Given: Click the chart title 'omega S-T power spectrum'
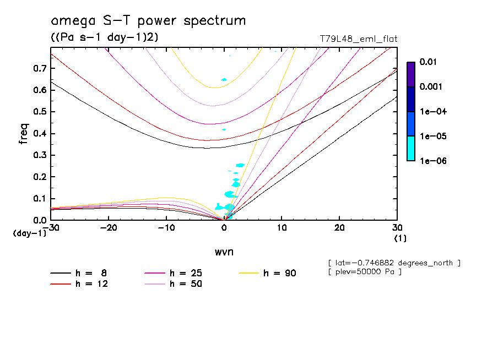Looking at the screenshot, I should pyautogui.click(x=148, y=21).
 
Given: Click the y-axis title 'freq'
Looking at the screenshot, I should pyautogui.click(x=24, y=134).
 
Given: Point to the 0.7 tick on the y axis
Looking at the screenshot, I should pyautogui.click(x=40, y=68).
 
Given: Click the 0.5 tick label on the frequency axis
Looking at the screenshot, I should pyautogui.click(x=40, y=112).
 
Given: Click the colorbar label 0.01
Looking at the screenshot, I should pyautogui.click(x=429, y=62).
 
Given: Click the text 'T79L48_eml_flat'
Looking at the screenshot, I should pyautogui.click(x=359, y=39).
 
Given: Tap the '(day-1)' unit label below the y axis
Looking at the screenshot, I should pyautogui.click(x=30, y=233).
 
